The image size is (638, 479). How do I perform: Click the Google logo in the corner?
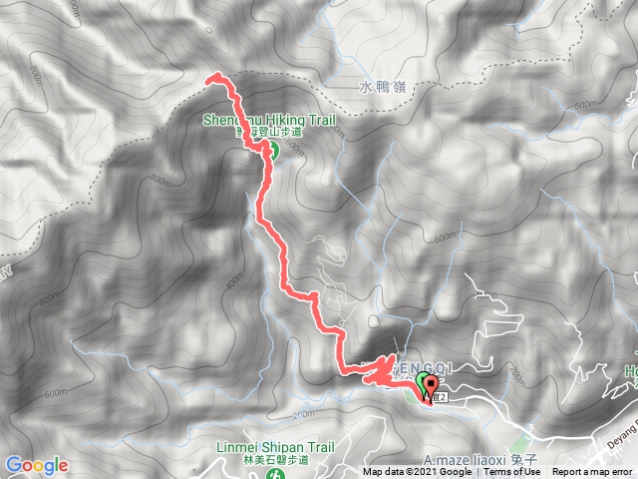coord(37,465)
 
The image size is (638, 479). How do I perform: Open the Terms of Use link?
coord(512,472)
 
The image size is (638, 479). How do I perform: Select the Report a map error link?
coord(594,472)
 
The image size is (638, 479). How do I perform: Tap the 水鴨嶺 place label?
coord(380,88)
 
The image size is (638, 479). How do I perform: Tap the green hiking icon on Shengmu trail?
coord(269,151)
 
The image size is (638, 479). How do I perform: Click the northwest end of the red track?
coord(210,79)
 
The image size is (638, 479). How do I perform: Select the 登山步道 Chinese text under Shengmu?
coord(279,134)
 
